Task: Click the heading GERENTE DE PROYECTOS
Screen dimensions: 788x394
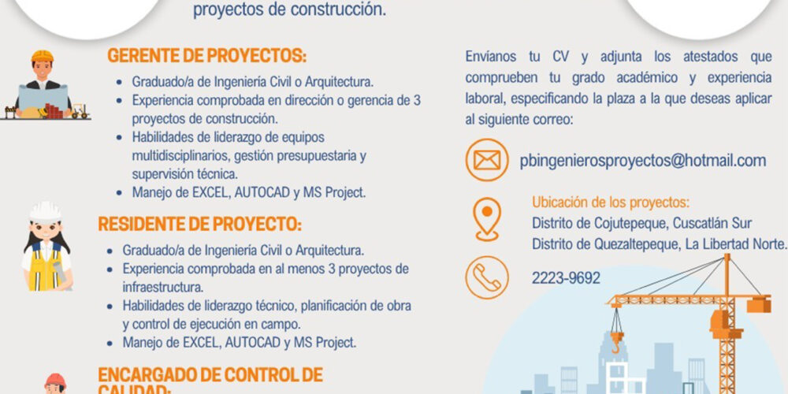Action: [x=206, y=56]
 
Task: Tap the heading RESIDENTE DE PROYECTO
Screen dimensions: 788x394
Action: [x=200, y=224]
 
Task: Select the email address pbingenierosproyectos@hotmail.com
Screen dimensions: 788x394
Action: [x=643, y=162]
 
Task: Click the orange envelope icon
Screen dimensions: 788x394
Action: [x=486, y=160]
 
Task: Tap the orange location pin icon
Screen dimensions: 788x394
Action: [x=487, y=219]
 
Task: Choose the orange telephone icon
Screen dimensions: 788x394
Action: [x=486, y=277]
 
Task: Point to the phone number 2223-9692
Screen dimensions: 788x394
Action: [x=566, y=278]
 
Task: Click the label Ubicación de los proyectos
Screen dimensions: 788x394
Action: [x=611, y=203]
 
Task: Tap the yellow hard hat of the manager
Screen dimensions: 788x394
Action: [x=43, y=56]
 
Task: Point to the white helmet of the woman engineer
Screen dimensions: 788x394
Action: [x=45, y=212]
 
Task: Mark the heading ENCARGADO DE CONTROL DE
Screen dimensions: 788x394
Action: [x=210, y=374]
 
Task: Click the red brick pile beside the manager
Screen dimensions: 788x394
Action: [x=54, y=112]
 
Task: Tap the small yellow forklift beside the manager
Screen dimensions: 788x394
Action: [x=80, y=111]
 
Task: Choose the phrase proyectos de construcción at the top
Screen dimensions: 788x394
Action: [x=290, y=10]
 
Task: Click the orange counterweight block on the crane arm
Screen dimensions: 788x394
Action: [x=758, y=304]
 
